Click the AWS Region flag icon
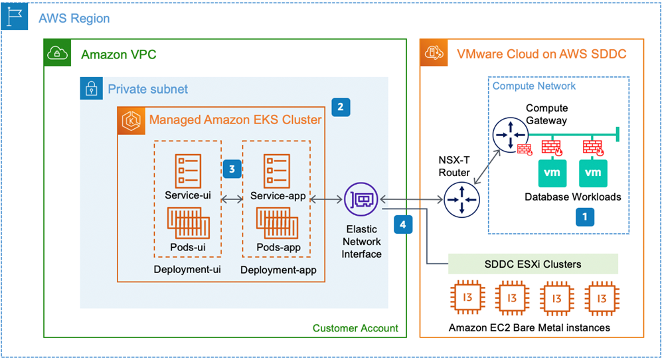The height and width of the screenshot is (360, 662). click(15, 17)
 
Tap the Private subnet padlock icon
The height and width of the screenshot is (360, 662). click(90, 88)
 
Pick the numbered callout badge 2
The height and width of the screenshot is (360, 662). click(341, 106)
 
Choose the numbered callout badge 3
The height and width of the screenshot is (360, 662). click(231, 169)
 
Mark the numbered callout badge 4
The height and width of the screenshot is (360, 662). click(402, 225)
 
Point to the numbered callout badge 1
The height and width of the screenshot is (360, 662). click(584, 217)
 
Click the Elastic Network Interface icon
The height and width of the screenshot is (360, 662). click(361, 199)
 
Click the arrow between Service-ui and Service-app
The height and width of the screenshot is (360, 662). click(230, 197)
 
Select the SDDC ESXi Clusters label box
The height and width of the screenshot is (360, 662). click(533, 264)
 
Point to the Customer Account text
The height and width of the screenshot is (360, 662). click(355, 328)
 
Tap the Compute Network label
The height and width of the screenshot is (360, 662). click(534, 86)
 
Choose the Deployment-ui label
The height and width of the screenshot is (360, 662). click(187, 270)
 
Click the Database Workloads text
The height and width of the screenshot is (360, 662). click(572, 197)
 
